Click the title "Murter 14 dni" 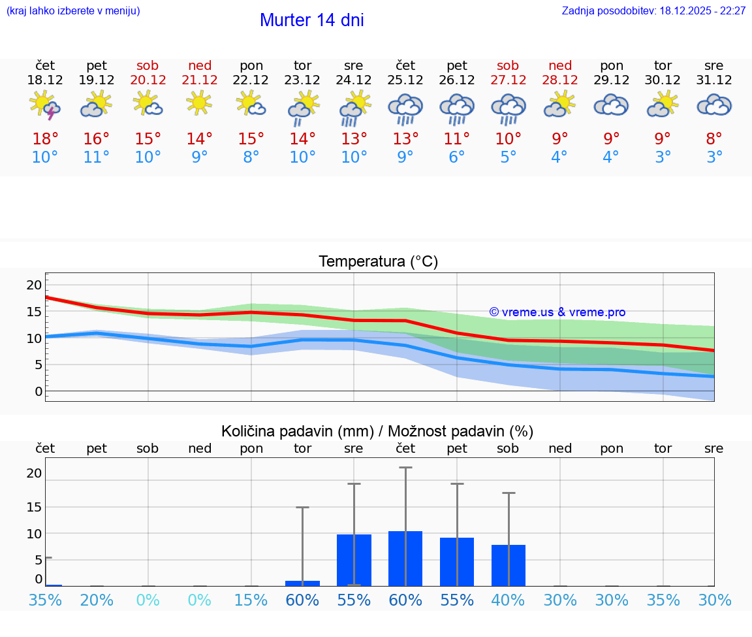(311, 20)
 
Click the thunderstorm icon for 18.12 (45, 106)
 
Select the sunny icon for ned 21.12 (199, 103)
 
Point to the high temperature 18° (45, 139)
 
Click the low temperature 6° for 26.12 (456, 157)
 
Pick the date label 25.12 (405, 80)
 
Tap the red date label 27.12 (508, 80)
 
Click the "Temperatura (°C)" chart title (378, 262)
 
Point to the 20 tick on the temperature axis (34, 285)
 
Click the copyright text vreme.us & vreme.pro (557, 312)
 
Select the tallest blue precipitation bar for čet (405, 559)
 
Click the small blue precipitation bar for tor (302, 583)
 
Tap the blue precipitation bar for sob (508, 565)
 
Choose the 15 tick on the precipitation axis (34, 507)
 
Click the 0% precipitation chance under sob (148, 600)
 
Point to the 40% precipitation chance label (508, 600)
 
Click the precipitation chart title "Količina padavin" (377, 431)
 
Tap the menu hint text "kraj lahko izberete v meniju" (73, 11)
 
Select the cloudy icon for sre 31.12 (714, 105)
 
